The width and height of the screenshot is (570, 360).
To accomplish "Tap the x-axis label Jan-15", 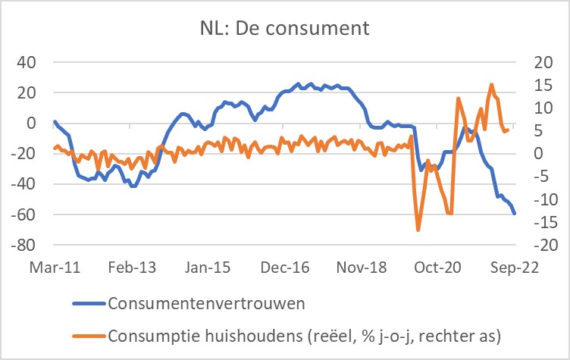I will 206,268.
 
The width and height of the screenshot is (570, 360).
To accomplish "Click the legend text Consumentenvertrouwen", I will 207,304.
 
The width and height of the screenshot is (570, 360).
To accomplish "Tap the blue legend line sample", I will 89,304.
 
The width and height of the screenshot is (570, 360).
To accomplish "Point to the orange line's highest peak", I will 491,85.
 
